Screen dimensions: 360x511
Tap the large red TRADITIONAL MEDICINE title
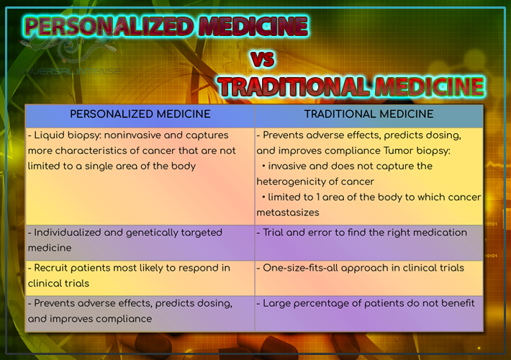pyautogui.click(x=351, y=87)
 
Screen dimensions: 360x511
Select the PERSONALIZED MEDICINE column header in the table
pyautogui.click(x=140, y=114)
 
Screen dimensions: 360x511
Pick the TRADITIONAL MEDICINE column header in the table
pyautogui.click(x=368, y=114)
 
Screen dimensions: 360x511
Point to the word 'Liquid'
pyautogui.click(x=52, y=135)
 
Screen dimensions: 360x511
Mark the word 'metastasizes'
pyautogui.click(x=287, y=213)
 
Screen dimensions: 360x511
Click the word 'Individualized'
pyautogui.click(x=71, y=233)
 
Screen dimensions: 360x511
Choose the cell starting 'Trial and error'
pyautogui.click(x=365, y=233)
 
